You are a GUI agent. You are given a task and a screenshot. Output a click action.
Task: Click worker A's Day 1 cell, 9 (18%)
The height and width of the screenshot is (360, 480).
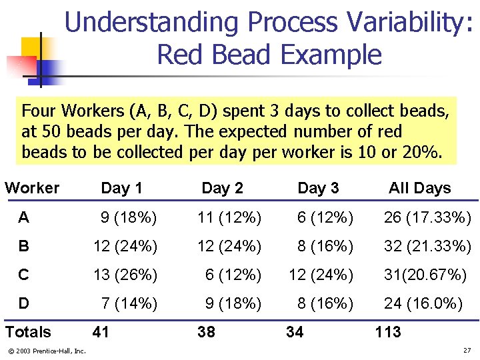click(129, 218)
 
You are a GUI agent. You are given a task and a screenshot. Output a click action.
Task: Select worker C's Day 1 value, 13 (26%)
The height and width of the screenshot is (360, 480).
click(125, 275)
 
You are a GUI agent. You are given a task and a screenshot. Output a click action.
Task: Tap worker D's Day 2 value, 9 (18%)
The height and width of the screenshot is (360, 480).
click(233, 304)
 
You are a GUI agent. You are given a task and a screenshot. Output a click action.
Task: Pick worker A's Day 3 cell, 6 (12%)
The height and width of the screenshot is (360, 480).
click(325, 218)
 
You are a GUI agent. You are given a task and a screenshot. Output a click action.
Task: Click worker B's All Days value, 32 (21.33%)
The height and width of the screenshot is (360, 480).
click(427, 247)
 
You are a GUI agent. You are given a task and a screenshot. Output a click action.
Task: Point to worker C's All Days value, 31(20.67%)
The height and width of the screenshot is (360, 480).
click(425, 275)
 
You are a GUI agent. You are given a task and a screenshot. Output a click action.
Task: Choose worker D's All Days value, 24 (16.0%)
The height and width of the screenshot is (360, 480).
click(423, 304)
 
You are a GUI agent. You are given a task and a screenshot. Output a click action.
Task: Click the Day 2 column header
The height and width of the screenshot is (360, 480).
click(222, 188)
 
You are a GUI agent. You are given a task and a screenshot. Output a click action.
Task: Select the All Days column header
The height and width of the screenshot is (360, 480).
click(419, 188)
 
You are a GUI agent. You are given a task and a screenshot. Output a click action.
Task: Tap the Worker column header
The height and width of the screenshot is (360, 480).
click(32, 188)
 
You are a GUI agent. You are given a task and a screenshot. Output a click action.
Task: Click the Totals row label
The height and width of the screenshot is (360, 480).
click(28, 332)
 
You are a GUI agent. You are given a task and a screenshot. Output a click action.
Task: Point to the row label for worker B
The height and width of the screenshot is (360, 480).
click(24, 247)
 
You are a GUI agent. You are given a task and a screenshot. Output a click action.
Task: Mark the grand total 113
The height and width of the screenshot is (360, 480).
click(388, 332)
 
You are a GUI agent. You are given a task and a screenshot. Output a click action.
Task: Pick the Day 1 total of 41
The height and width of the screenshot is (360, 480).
click(101, 332)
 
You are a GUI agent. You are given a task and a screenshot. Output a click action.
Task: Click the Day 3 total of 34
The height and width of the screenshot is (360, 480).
click(295, 332)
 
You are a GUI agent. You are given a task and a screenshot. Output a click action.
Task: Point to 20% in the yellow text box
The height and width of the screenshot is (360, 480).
click(421, 152)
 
